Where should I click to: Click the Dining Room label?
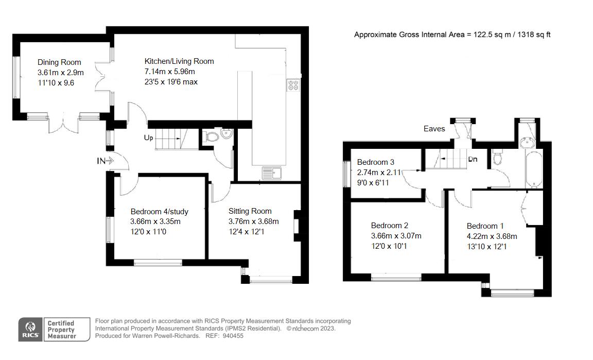pos(59,62)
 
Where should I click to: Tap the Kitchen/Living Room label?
pos(179,61)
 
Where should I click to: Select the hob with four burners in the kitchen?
pos(293,84)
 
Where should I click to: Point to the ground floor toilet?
pos(211,137)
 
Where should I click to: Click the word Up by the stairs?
pos(149,138)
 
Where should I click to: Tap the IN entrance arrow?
pos(106,161)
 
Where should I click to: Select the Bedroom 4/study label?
pos(159,211)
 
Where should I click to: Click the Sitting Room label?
pos(250,211)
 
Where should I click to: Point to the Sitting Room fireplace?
pos(296,226)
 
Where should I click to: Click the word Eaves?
pos(434,129)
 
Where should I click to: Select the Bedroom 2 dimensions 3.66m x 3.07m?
pos(396,236)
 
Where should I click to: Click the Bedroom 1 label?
pos(485,226)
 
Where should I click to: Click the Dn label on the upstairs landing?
pos(473,159)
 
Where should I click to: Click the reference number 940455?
pos(232,336)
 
